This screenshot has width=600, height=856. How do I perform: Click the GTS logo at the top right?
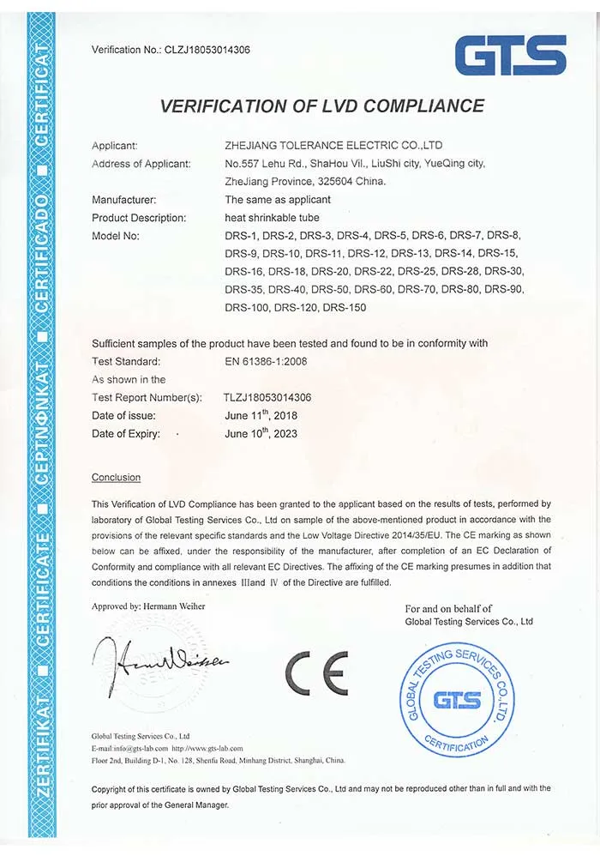511,55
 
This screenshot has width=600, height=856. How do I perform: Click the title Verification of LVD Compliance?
322,106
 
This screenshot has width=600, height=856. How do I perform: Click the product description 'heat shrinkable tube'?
271,218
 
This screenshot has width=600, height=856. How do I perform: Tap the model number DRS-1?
241,236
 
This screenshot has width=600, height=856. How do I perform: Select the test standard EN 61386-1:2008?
266,361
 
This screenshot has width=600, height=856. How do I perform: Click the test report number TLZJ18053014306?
267,397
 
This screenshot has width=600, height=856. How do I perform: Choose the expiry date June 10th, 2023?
261,433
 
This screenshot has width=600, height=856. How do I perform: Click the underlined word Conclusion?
116,477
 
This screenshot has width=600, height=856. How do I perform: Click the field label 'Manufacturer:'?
123,200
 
